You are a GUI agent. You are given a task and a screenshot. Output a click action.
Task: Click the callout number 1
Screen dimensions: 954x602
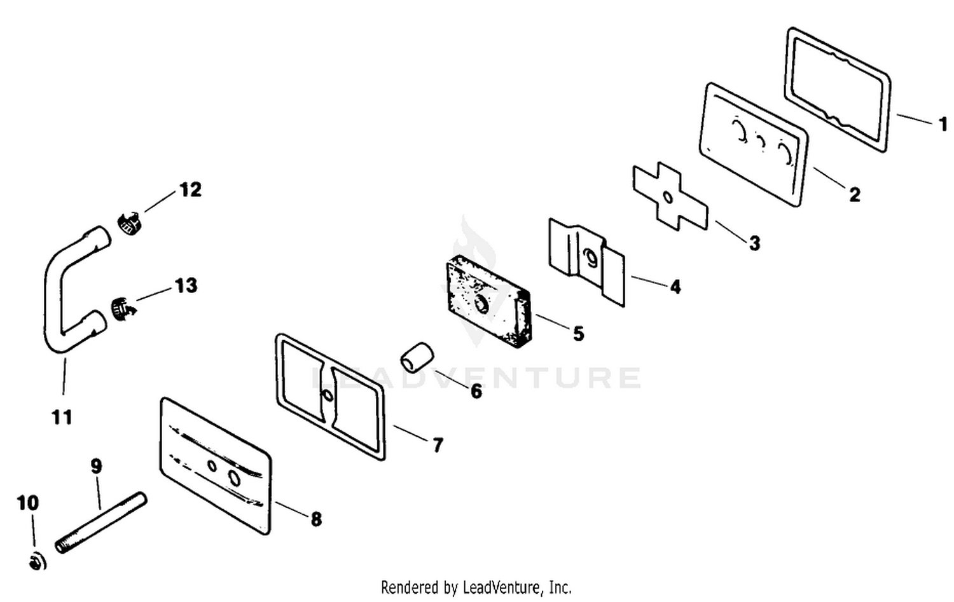pos(943,125)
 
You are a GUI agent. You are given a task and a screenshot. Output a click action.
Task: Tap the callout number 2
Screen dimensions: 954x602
pos(854,195)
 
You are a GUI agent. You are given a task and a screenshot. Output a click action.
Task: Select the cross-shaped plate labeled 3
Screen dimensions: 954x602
pos(670,196)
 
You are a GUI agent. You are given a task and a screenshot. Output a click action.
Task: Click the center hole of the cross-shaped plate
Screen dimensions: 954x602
pos(668,197)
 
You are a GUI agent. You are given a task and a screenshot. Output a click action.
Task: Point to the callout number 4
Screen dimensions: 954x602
pos(675,287)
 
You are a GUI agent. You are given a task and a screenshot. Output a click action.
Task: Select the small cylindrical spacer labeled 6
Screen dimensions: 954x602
pos(417,359)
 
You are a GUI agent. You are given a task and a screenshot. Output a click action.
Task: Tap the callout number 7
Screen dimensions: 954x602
pos(438,446)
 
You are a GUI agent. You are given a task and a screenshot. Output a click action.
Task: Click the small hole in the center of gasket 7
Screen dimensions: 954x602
pos(328,395)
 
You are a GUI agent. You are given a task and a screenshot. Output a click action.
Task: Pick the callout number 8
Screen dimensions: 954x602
pos(315,519)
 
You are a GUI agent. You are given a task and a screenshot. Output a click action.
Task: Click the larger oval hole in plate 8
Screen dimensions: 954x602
pos(235,477)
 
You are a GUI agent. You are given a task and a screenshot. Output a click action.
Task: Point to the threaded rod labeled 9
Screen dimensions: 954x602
pos(101,523)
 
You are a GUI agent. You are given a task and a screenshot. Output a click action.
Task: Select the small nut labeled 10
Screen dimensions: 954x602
pos(38,563)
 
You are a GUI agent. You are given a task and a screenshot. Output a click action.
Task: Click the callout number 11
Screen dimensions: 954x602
pos(62,417)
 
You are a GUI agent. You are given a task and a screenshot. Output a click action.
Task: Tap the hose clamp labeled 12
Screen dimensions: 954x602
pos(129,222)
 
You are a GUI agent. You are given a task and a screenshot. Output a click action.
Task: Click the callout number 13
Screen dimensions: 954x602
pos(186,285)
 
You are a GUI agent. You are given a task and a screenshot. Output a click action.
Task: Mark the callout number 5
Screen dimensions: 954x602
pos(578,334)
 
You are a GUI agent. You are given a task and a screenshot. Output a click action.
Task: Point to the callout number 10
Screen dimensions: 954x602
pos(28,503)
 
